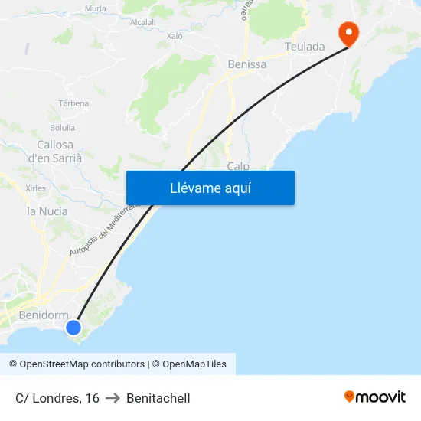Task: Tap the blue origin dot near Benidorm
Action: [x=73, y=328]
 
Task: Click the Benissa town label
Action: [x=247, y=64]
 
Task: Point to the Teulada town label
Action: [x=305, y=47]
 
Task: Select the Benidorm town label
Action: [x=43, y=315]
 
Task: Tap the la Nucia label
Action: [x=47, y=211]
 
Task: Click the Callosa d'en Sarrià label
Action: [x=55, y=151]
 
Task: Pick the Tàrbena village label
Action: [x=74, y=103]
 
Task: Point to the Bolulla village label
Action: [x=62, y=128]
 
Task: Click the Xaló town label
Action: [x=175, y=35]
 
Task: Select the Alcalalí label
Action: [x=143, y=23]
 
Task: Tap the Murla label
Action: [x=96, y=8]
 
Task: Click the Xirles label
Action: [x=35, y=188]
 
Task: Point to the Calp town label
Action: [x=238, y=166]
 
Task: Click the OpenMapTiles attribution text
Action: [x=194, y=364]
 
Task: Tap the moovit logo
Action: [x=375, y=397]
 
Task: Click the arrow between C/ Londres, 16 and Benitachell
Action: [x=113, y=398]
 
